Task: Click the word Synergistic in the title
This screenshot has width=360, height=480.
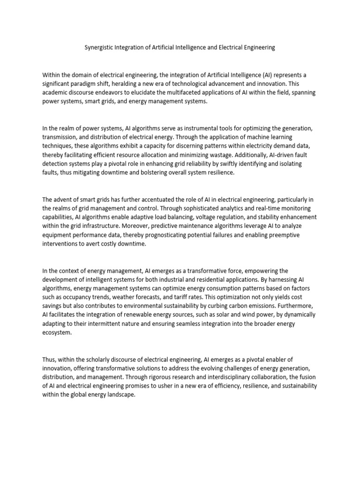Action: tap(99, 47)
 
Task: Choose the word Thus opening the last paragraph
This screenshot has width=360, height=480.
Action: tap(49, 360)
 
